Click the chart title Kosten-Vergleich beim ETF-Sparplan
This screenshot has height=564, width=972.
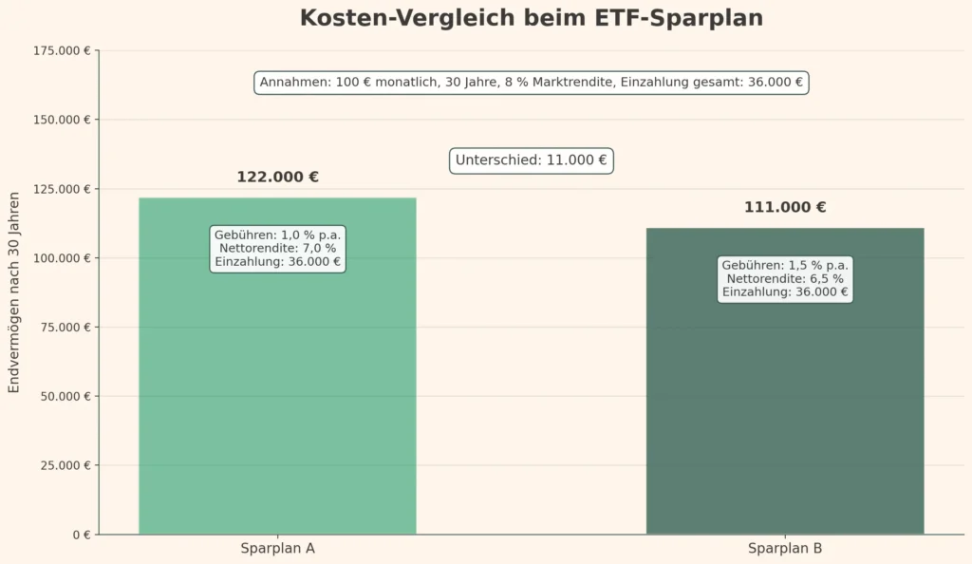tap(531, 18)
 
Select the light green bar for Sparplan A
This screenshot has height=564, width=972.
tap(277, 399)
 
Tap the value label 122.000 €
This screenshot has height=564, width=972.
tap(277, 178)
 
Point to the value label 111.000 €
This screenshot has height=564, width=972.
tap(784, 208)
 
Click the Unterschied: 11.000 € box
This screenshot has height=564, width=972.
tap(531, 160)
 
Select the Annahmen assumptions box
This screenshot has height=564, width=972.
tap(531, 83)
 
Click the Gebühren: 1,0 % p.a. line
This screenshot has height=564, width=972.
tap(277, 235)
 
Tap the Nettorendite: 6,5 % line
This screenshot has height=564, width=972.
tap(784, 279)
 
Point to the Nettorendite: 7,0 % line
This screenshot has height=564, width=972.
tap(277, 249)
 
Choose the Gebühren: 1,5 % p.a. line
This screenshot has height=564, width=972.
tap(784, 265)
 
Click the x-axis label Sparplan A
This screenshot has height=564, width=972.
tap(277, 549)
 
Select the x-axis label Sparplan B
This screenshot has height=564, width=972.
tap(784, 549)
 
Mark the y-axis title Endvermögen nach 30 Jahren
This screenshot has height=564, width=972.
tap(14, 292)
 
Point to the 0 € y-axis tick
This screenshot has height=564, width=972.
tap(81, 535)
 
